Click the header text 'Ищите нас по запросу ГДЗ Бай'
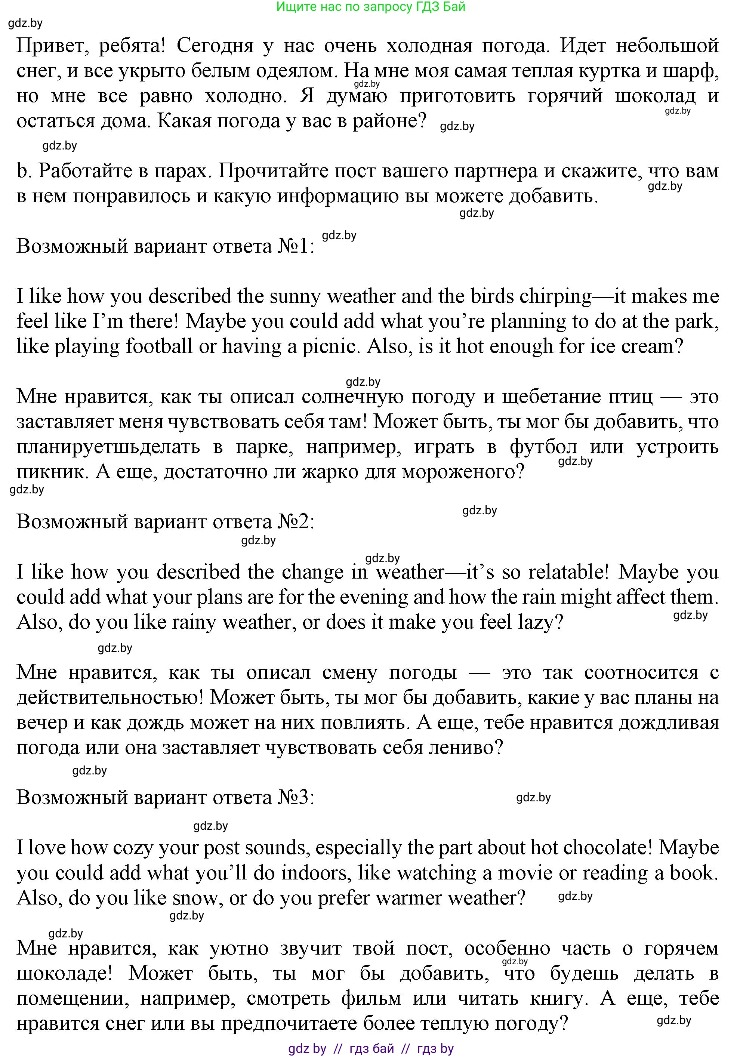click(x=371, y=7)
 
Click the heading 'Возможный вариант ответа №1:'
click(x=166, y=246)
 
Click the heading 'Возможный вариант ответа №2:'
click(x=166, y=522)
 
